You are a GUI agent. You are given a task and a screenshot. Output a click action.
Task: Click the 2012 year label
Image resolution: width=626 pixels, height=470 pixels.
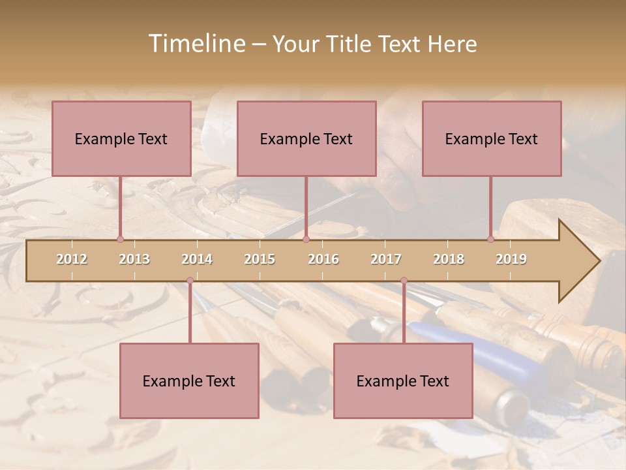[72, 259]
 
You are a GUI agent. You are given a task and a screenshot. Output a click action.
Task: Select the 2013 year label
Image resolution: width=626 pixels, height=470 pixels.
[134, 259]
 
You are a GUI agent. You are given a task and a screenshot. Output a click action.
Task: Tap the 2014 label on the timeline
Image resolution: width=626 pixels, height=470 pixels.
[197, 259]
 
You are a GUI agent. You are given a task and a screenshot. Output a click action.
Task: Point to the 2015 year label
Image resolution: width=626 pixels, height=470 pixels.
[260, 259]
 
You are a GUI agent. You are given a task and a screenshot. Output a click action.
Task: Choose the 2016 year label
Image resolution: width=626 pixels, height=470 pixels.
[323, 259]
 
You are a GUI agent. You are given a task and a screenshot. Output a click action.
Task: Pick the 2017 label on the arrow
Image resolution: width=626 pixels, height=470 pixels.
[386, 259]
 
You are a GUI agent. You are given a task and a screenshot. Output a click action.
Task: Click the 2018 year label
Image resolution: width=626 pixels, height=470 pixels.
[449, 259]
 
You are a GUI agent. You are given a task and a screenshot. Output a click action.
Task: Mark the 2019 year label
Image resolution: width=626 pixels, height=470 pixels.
[511, 259]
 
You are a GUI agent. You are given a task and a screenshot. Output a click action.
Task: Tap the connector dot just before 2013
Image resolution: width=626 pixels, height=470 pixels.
[120, 239]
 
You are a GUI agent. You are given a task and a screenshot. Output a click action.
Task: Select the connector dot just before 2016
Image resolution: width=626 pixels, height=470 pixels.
[306, 239]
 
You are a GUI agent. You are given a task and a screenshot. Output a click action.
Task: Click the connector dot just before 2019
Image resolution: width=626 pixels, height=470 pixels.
[491, 239]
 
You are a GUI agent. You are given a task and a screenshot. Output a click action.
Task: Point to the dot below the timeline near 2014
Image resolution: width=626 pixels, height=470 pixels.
[190, 281]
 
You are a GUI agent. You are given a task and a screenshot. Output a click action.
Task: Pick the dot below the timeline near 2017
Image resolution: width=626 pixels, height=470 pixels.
[404, 281]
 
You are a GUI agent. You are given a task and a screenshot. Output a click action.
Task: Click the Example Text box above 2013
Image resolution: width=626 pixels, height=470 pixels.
[121, 138]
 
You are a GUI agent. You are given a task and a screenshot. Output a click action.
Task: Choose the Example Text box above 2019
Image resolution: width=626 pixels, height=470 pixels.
[492, 138]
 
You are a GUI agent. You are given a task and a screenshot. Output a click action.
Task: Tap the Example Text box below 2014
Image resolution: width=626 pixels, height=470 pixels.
[189, 381]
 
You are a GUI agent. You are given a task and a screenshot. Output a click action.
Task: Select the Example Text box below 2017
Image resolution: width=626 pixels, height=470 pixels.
[403, 381]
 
